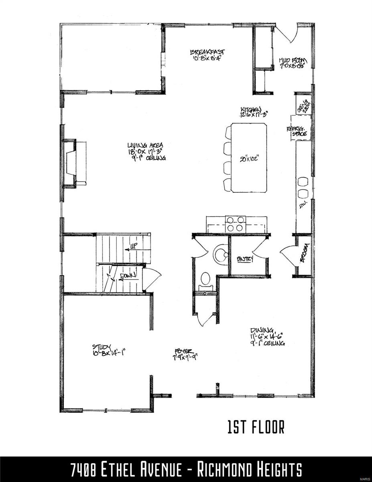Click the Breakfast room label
(x=207, y=52)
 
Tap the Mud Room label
(x=293, y=61)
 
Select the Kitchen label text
(x=251, y=109)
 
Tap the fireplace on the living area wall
(x=72, y=163)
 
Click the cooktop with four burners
(x=236, y=224)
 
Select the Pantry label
(x=245, y=259)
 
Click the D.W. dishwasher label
(x=303, y=205)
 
